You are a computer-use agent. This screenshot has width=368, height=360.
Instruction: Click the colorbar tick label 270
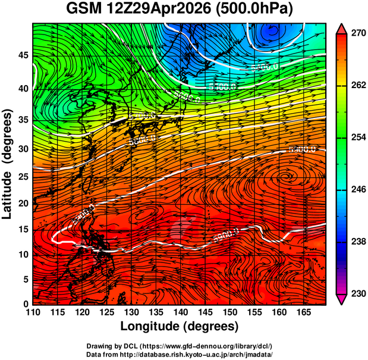pyautogui.click(x=357, y=34)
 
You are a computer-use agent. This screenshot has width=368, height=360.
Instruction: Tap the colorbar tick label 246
pyautogui.click(x=357, y=190)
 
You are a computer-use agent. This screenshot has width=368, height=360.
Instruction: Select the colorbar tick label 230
pyautogui.click(x=357, y=294)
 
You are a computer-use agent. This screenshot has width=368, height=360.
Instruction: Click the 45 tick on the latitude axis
pyautogui.click(x=23, y=55)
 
